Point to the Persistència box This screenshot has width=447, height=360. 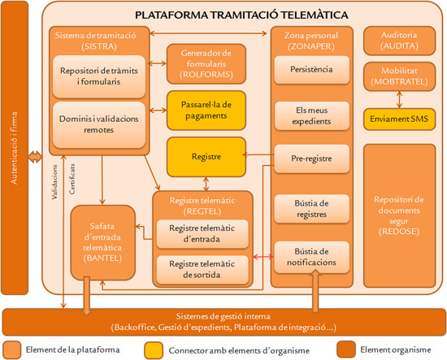click(312, 71)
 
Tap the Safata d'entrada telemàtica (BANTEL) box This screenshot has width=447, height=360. click(101, 241)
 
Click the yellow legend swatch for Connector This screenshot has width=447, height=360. click(155, 349)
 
